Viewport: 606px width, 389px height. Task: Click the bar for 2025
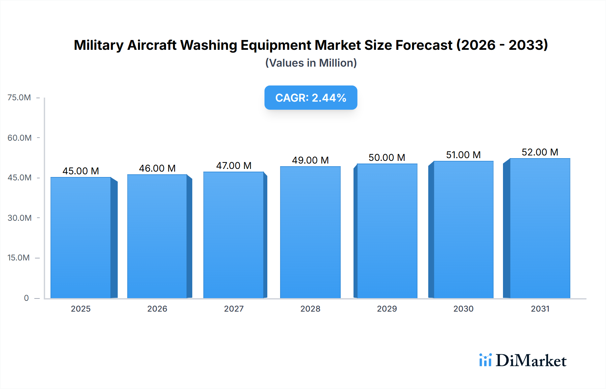81,237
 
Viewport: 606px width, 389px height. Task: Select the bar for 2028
310,232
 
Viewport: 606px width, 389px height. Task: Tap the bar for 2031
540,228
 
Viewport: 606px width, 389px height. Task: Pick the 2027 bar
233,235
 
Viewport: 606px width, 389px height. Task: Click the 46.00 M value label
157,168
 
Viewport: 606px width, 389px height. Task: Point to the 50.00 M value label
387,157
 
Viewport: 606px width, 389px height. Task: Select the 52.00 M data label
540,152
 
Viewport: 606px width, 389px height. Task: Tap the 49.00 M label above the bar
310,160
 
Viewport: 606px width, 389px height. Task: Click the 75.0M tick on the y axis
19,98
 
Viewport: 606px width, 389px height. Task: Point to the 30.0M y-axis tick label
20,218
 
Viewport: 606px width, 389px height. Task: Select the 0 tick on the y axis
26,298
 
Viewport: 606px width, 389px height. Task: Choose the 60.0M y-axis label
20,138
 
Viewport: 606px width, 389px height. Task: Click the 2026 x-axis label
157,309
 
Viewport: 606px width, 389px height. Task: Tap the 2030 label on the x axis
463,309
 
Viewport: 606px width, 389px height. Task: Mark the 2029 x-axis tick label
387,309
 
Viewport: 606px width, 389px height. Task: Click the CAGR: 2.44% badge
311,98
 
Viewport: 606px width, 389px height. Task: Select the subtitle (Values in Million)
311,63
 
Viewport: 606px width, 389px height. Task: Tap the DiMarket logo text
531,360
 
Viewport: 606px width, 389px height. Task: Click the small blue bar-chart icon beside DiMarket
485,360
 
